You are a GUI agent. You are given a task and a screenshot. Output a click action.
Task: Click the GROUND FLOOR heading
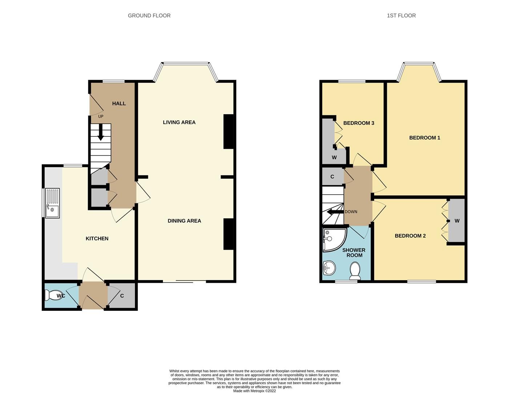pyautogui.click(x=149, y=16)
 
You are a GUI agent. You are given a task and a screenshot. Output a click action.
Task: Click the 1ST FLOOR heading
pyautogui.click(x=401, y=16)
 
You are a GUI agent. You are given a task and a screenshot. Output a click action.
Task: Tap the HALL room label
pyautogui.click(x=119, y=104)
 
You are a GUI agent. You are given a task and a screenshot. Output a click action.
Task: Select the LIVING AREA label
pyautogui.click(x=179, y=122)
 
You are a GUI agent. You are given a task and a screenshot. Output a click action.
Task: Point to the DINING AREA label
pyautogui.click(x=184, y=221)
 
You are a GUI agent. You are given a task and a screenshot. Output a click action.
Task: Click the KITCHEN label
pyautogui.click(x=97, y=239)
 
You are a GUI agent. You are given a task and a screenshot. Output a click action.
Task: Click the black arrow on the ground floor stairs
pyautogui.click(x=101, y=133)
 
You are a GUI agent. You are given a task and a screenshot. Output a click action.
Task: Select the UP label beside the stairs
pyautogui.click(x=101, y=116)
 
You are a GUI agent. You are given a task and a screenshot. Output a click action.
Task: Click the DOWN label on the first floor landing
pyautogui.click(x=351, y=212)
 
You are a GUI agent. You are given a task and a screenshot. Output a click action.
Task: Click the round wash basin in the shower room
pyautogui.click(x=329, y=269)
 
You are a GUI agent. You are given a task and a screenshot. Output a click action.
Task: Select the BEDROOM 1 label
pyautogui.click(x=425, y=138)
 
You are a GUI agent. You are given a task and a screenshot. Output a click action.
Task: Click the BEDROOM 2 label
pyautogui.click(x=410, y=236)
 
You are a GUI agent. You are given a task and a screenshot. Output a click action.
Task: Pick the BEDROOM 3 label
pyautogui.click(x=358, y=123)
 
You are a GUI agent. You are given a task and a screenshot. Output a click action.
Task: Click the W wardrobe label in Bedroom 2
pyautogui.click(x=457, y=221)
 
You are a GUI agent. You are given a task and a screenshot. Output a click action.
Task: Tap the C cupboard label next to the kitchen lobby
pyautogui.click(x=122, y=296)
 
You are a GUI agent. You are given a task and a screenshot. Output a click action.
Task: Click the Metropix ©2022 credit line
pyautogui.click(x=254, y=391)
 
